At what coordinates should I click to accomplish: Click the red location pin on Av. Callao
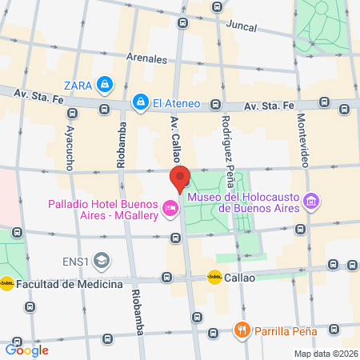180,178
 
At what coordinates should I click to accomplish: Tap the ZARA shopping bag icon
104,84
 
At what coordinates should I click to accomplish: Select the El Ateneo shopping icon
141,102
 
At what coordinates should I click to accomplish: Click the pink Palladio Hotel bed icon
170,209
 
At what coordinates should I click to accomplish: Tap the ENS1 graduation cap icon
102,260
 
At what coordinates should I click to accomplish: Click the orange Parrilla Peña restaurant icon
241,330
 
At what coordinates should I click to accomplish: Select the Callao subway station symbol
214,278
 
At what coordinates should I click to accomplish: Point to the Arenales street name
146,58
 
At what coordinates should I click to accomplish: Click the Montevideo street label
302,139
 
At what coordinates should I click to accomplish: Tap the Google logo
27,350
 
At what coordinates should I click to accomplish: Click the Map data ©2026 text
324,354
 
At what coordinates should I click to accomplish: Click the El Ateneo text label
176,102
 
